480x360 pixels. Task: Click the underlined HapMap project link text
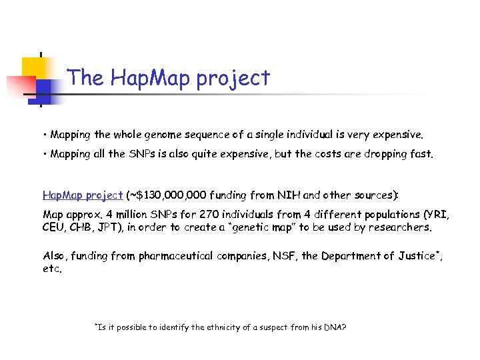click(82, 195)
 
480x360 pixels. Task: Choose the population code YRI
click(437, 215)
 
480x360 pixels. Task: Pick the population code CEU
click(54, 227)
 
